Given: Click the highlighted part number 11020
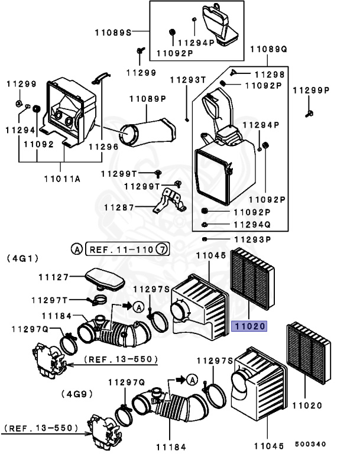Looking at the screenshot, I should point(249,325).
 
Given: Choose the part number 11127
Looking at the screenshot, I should point(54,276).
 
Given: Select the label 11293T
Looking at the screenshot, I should point(188,80).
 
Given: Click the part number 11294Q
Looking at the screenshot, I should point(252,225).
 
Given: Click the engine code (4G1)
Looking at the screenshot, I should point(22,258).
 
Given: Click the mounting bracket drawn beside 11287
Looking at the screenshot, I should point(170,202).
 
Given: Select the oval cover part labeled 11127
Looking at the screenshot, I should point(103,278).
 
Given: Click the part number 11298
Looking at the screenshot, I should point(269,74).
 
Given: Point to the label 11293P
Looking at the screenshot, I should point(252,239).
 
